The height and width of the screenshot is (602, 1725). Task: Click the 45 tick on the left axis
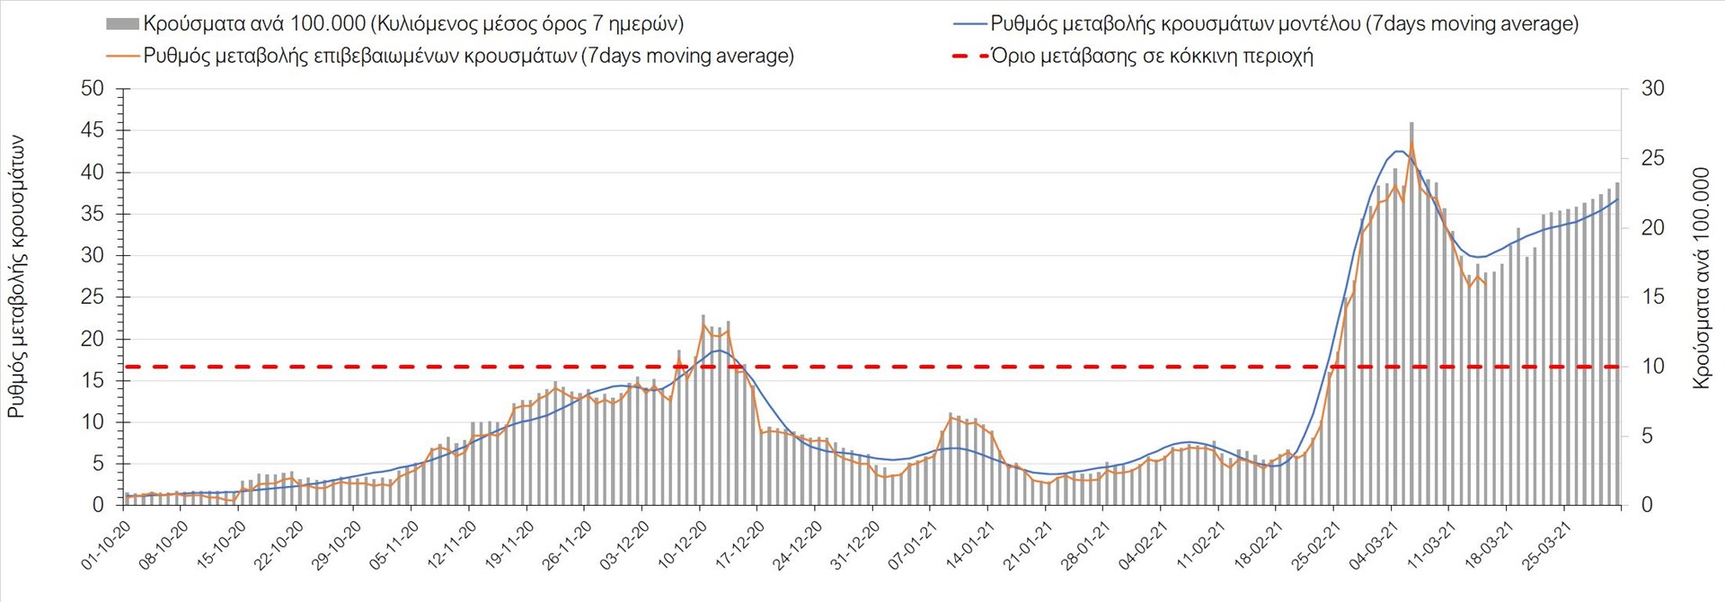click(x=93, y=130)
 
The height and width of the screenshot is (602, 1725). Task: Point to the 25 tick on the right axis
click(x=1653, y=158)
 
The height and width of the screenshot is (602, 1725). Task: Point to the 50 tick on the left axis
click(x=93, y=88)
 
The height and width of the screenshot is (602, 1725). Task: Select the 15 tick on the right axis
click(x=1653, y=297)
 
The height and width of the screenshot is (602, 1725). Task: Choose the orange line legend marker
click(x=122, y=56)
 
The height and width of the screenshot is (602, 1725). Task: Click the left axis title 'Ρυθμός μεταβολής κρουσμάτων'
click(x=16, y=277)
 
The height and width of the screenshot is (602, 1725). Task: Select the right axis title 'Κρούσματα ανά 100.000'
click(x=1701, y=277)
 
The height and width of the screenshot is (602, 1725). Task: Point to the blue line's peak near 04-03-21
click(x=1400, y=151)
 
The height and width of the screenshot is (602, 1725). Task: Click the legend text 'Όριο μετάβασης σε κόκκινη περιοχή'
click(x=1152, y=56)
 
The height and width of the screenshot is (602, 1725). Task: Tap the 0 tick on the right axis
click(x=1647, y=505)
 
